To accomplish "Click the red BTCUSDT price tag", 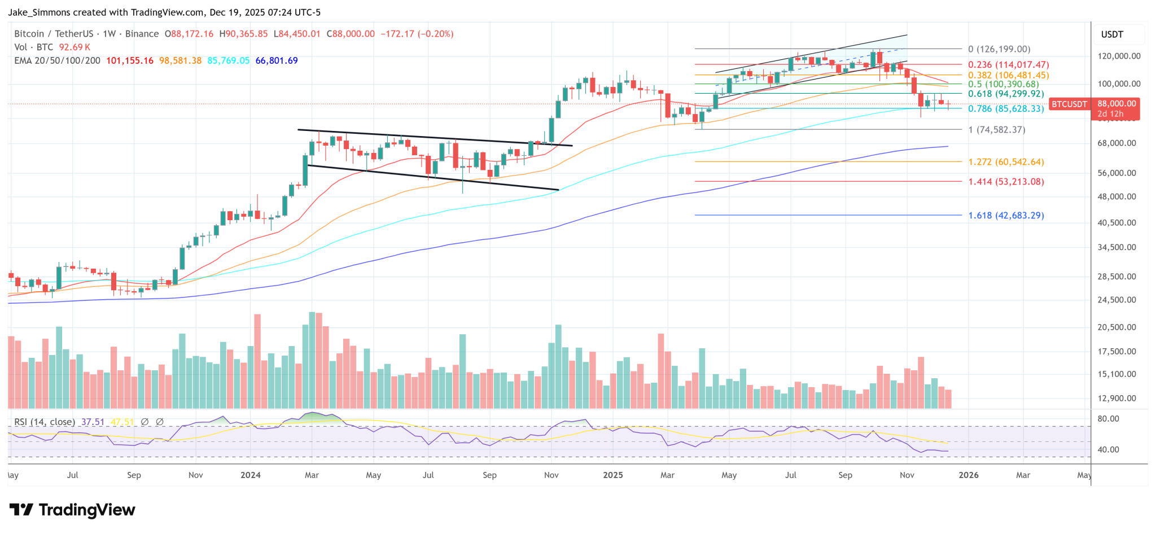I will [1069, 104].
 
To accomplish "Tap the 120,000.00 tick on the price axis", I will [1119, 56].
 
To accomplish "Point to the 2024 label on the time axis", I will [250, 475].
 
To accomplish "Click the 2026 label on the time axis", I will [969, 475].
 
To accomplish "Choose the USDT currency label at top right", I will [1112, 34].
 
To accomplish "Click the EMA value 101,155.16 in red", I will [129, 60].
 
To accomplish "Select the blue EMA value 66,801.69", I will [277, 60].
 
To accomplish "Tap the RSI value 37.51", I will [93, 422].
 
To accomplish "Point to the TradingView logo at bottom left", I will [72, 510].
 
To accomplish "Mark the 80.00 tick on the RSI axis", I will [1108, 419].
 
